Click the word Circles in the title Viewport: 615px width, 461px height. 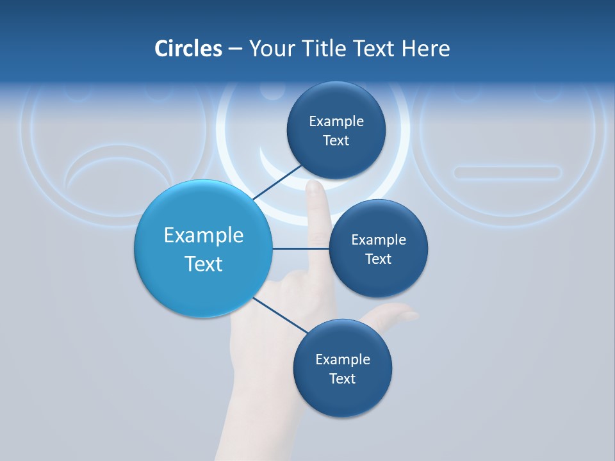[x=188, y=49]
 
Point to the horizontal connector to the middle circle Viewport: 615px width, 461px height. [x=300, y=248]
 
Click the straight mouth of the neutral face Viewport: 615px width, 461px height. [x=507, y=172]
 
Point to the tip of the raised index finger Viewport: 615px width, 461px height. [x=315, y=187]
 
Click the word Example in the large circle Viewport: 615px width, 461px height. [x=203, y=236]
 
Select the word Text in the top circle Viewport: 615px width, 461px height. [x=336, y=141]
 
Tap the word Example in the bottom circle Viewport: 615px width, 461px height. [x=342, y=360]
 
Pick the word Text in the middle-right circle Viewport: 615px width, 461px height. [x=378, y=259]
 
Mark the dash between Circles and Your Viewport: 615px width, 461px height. [x=235, y=49]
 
